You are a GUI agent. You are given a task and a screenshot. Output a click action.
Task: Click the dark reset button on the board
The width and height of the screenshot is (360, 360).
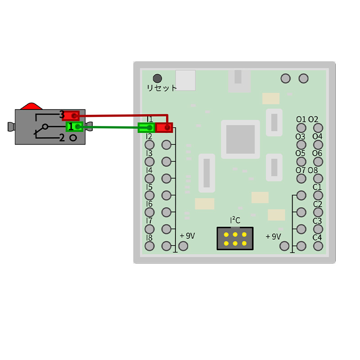click(x=157, y=78)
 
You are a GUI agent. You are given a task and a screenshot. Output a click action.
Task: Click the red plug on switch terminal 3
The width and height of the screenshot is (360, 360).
click(x=71, y=116)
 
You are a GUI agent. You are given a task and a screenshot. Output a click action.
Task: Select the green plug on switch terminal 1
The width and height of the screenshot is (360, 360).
click(x=74, y=127)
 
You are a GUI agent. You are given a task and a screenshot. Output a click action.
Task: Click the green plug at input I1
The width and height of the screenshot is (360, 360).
click(x=146, y=128)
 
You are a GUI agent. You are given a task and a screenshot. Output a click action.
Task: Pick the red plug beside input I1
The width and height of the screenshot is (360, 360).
click(x=164, y=128)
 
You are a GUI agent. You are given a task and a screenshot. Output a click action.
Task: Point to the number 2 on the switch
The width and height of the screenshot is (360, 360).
click(x=62, y=138)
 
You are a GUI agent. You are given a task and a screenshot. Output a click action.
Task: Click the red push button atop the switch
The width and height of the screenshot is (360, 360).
click(x=31, y=106)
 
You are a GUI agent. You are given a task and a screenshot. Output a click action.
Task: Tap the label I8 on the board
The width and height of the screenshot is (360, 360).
click(x=149, y=237)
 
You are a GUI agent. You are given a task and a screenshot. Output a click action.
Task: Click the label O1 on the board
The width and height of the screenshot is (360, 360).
click(x=301, y=119)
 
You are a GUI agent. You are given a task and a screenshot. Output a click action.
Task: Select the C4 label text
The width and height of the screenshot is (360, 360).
click(x=317, y=237)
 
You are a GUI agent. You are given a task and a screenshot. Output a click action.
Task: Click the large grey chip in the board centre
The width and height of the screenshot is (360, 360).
click(x=240, y=139)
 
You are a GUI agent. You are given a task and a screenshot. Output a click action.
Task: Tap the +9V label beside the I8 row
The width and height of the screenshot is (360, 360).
click(x=187, y=235)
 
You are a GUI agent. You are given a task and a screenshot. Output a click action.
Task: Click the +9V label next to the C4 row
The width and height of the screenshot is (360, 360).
click(x=273, y=236)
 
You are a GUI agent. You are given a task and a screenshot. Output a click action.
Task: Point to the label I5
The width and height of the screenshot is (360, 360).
click(x=149, y=187)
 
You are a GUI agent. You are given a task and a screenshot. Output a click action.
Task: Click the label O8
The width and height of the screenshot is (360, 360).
click(x=313, y=171)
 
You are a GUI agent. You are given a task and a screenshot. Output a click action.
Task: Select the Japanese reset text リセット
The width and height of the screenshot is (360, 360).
click(x=162, y=88)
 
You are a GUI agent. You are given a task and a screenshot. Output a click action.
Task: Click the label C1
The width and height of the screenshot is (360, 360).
click(x=317, y=187)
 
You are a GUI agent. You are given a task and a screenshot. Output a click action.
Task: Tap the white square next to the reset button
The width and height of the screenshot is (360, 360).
click(x=185, y=80)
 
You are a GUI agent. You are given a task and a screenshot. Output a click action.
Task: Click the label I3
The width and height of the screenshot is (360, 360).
click(x=149, y=153)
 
